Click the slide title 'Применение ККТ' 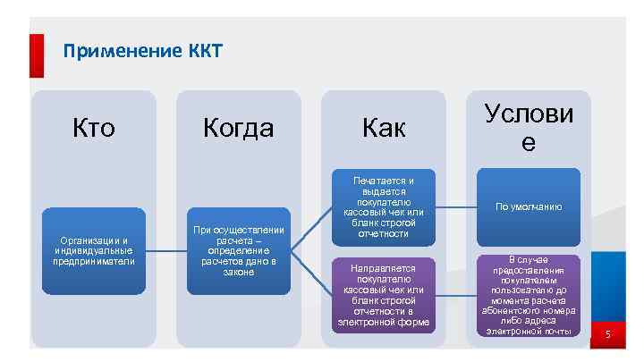point(142,50)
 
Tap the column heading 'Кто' point(93,129)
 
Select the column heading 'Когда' point(238,129)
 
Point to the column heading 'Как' point(384,129)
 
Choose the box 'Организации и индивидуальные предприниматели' point(93,250)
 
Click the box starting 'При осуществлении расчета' point(238,250)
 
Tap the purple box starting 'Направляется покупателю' point(383,295)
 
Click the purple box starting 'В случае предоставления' point(530,295)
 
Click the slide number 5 point(607,335)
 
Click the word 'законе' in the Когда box point(238,271)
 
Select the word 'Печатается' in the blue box point(383,180)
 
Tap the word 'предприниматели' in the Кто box point(93,261)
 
